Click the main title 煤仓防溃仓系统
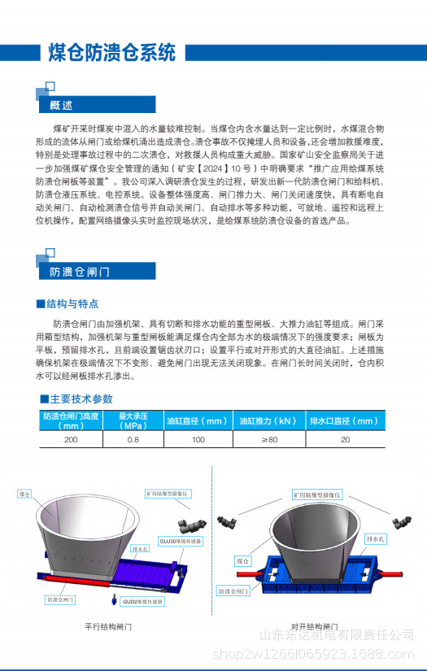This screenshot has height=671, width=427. (x=111, y=54)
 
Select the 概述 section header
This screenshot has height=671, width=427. (x=62, y=106)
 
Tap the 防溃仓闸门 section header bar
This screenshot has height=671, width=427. (x=80, y=272)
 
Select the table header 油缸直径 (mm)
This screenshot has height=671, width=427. (x=197, y=420)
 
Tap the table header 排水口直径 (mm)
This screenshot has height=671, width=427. (x=344, y=420)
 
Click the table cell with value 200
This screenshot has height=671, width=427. (x=71, y=439)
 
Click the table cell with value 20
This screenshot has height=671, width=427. (x=345, y=439)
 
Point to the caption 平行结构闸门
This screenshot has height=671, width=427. (x=108, y=627)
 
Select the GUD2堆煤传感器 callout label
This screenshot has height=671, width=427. (x=142, y=602)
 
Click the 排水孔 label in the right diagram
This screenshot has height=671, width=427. (x=374, y=539)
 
